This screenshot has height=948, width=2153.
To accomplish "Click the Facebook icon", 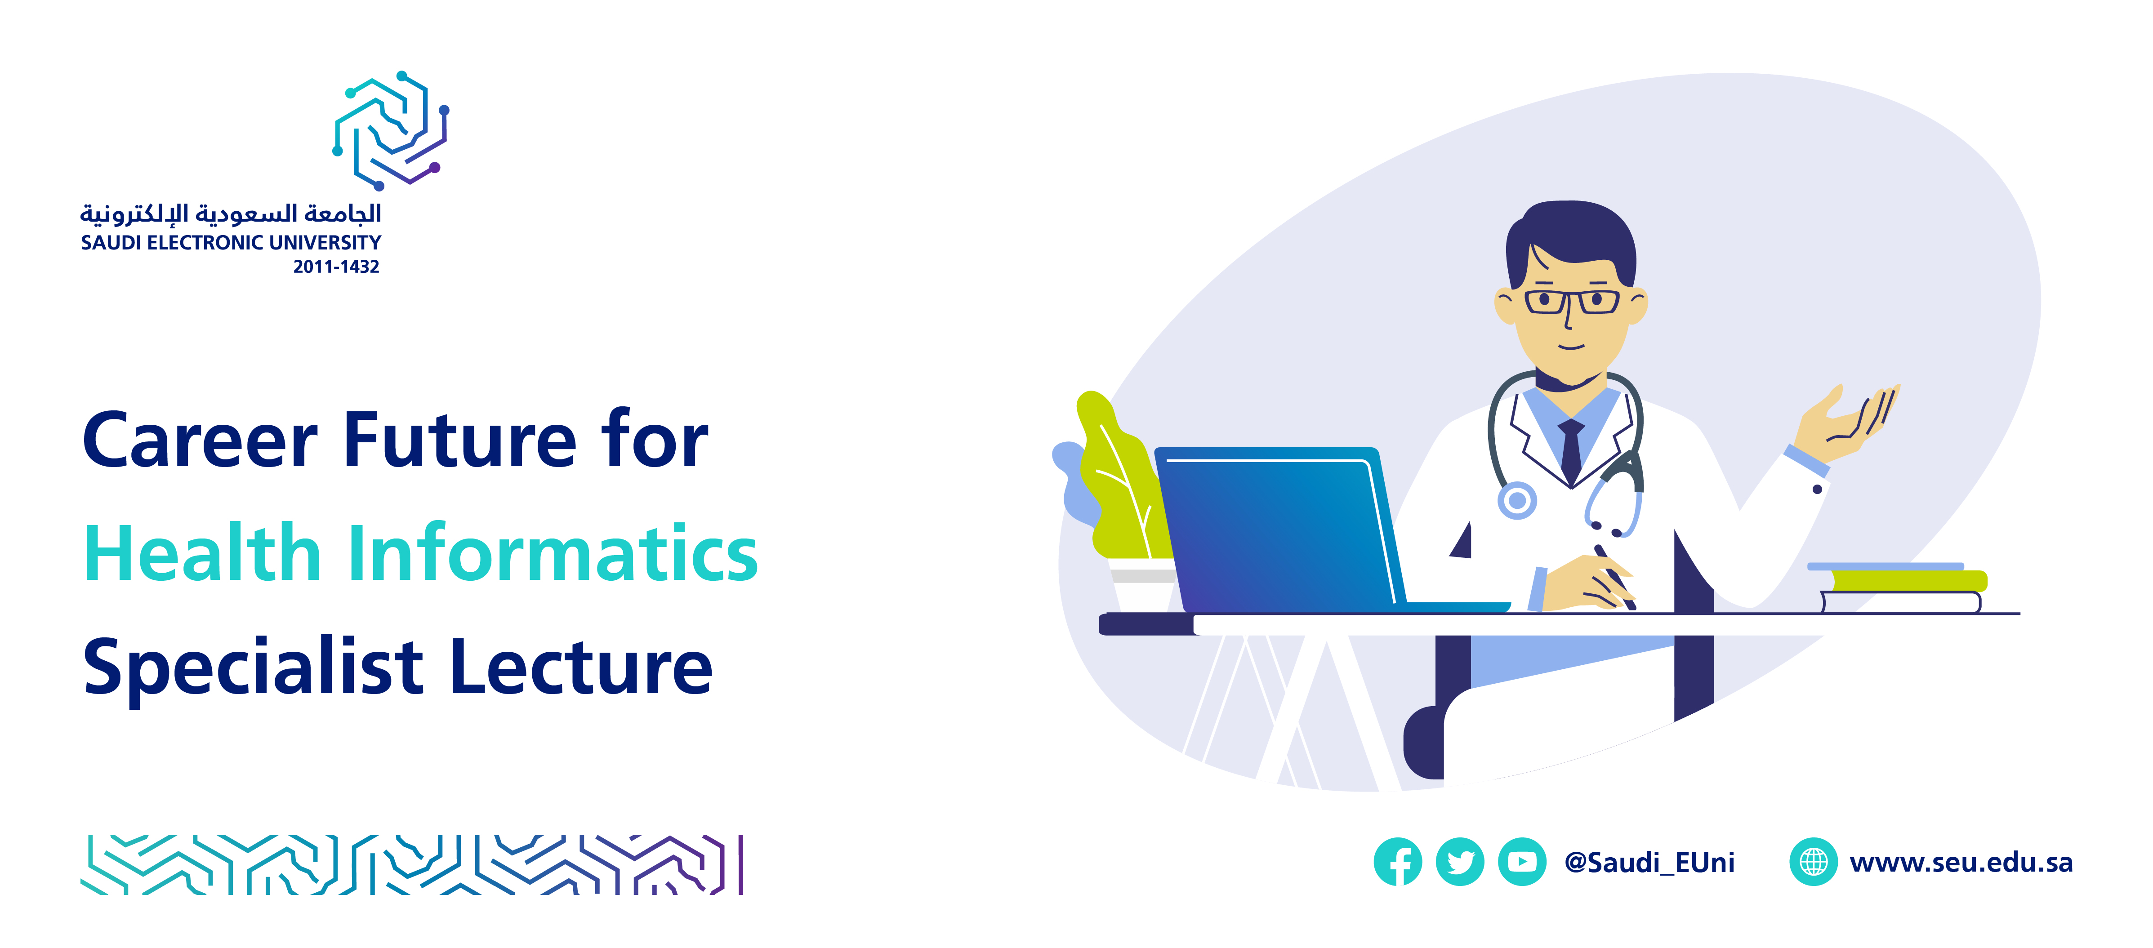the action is (x=1397, y=862).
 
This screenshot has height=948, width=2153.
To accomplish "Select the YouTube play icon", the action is (x=1522, y=862).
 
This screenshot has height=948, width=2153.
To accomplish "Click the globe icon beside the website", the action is (x=1813, y=862).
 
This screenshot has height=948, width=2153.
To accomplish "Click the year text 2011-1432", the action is (x=336, y=267).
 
